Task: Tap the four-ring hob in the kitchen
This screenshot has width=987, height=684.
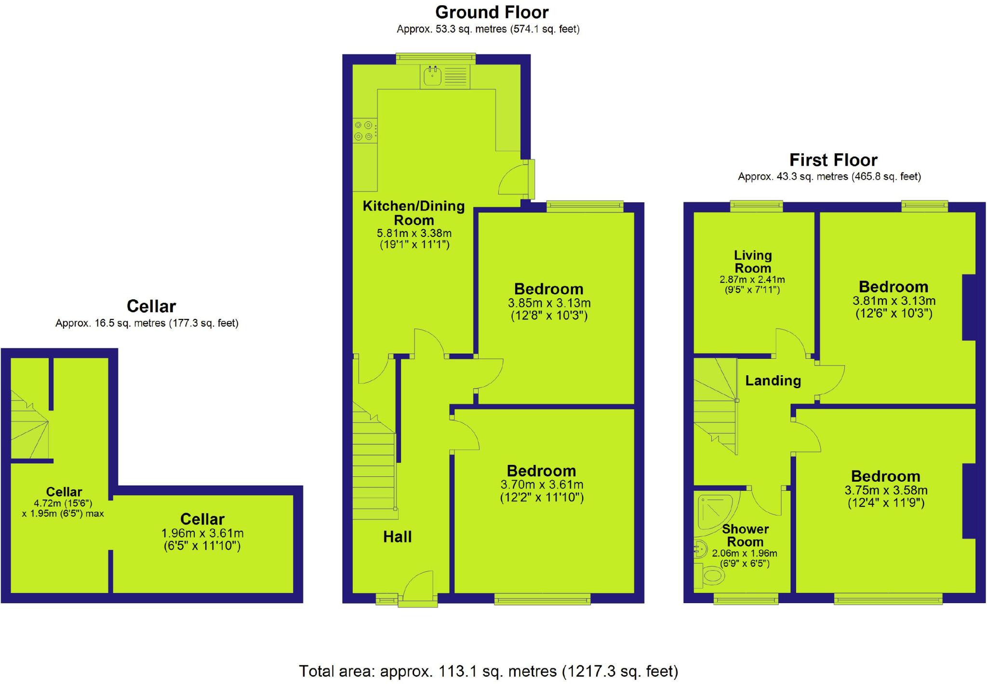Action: (364, 131)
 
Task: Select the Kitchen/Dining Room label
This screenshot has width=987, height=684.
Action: (413, 213)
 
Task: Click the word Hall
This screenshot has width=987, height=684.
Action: (397, 537)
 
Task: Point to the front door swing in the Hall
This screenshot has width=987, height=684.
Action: (418, 586)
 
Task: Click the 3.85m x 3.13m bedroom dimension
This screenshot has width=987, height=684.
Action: (549, 303)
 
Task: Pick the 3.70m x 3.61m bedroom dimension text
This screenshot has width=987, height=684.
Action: (542, 485)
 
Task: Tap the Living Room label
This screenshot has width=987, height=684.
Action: (752, 262)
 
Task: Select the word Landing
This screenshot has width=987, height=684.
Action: (773, 381)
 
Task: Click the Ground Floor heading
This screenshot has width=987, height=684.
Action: (492, 12)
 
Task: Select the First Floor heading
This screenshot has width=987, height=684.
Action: (833, 160)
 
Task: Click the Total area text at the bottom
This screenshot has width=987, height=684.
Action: (488, 671)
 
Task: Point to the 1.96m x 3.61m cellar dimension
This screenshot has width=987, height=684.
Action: (202, 534)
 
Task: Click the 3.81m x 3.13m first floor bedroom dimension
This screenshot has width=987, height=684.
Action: (894, 301)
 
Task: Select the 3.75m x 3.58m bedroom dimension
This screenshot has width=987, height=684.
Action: (886, 490)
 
